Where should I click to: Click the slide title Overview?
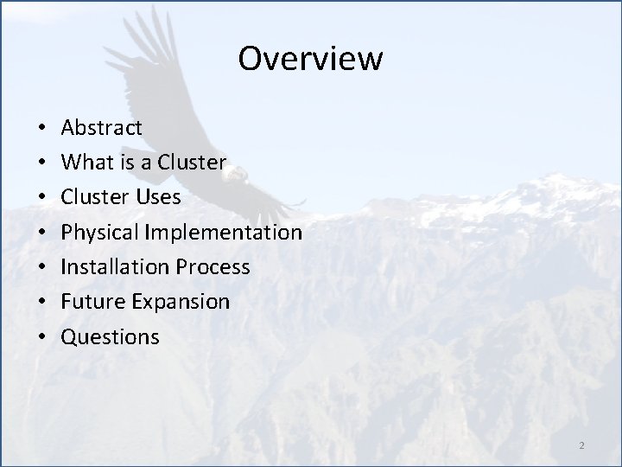pos(310,59)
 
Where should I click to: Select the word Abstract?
pos(102,128)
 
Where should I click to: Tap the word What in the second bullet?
pos(85,163)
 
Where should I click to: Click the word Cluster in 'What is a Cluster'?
pos(196,163)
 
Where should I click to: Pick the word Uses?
pos(158,197)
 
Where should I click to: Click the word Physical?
pos(100,233)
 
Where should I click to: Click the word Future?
pos(91,302)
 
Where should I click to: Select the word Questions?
pos(111,336)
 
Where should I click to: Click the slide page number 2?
pos(581,445)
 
